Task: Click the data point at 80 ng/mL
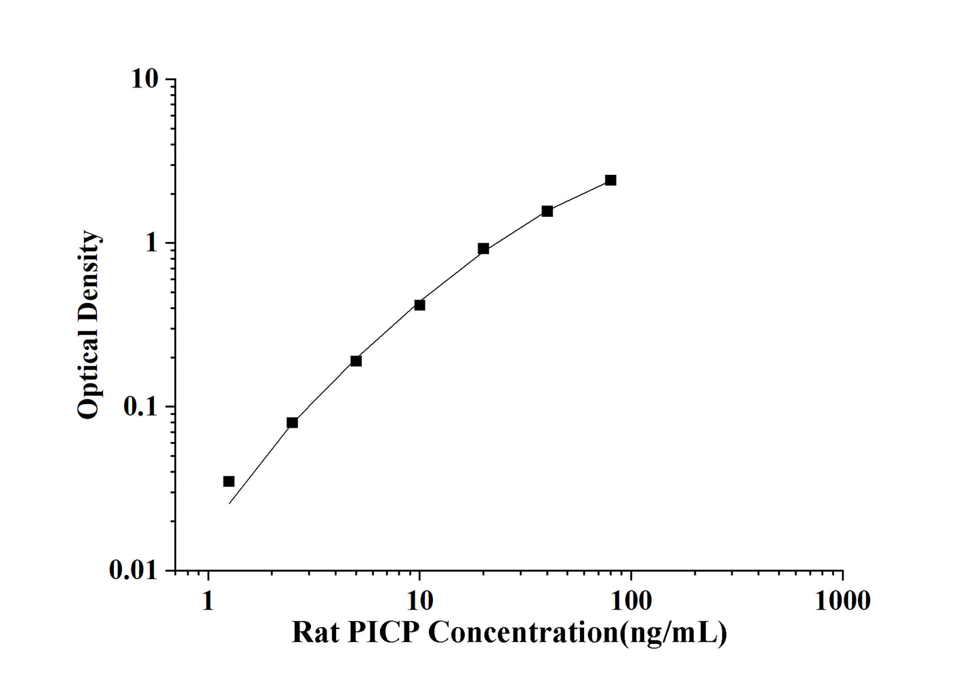(610, 180)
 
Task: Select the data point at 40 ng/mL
(547, 212)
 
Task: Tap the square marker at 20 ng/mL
(483, 249)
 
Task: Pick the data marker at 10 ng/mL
(419, 305)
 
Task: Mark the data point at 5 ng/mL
(356, 361)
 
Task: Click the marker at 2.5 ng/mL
(292, 422)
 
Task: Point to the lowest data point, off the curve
(229, 481)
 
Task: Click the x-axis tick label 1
(208, 601)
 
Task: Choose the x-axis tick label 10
(419, 601)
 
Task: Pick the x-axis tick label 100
(631, 601)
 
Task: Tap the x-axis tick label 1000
(842, 601)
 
